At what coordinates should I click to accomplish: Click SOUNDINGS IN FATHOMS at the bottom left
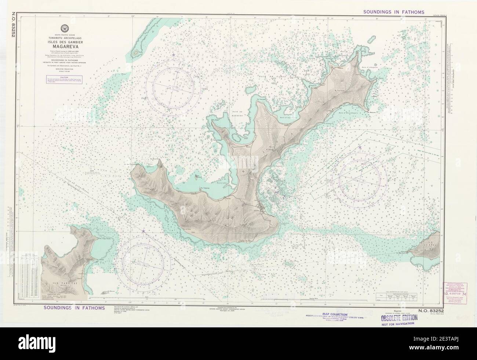click(74, 307)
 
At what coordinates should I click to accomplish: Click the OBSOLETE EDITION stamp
click(394, 317)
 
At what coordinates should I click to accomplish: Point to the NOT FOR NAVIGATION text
click(394, 323)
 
